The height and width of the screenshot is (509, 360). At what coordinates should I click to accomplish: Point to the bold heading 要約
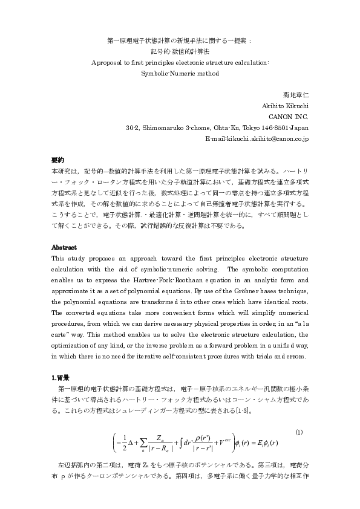pos(57,160)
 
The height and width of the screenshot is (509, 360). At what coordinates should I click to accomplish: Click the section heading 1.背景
pos(62,376)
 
